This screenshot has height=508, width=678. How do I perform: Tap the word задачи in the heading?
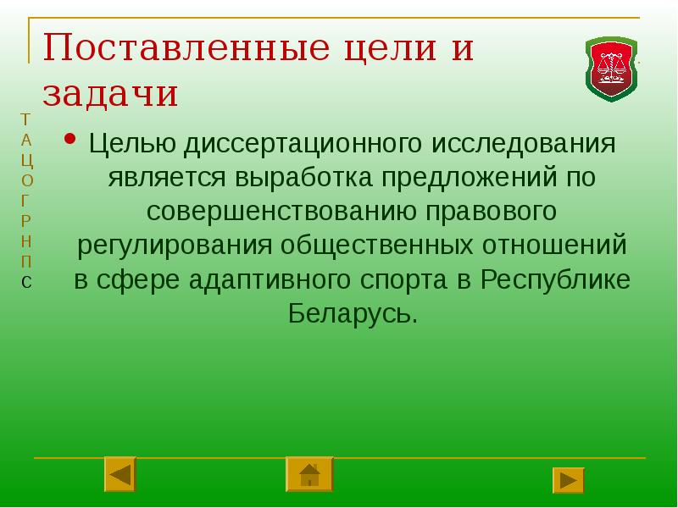(x=110, y=93)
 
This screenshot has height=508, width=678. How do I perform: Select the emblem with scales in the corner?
(x=611, y=69)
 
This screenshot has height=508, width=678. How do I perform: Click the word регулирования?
(x=175, y=246)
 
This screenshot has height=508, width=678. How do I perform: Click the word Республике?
(x=554, y=280)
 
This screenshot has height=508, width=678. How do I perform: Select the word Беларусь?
(x=352, y=314)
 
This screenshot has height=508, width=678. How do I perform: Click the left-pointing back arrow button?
(x=120, y=474)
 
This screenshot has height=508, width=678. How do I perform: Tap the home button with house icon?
(x=309, y=474)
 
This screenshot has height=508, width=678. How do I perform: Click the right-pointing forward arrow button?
(x=569, y=480)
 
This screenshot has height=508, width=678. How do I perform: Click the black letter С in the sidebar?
(x=27, y=282)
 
